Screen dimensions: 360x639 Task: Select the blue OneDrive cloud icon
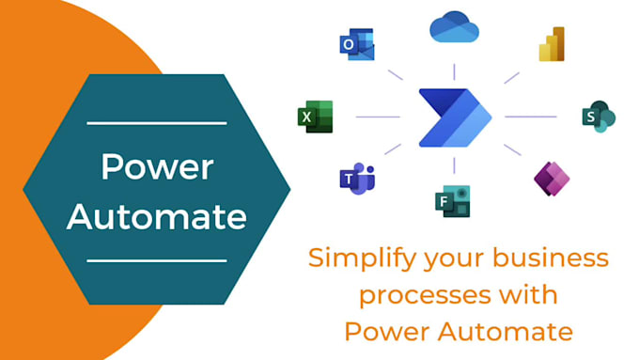454,28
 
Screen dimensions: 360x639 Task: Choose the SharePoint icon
598,117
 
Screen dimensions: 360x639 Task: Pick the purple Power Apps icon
552,177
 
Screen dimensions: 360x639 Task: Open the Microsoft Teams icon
357,178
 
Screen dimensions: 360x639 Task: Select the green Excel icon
315,117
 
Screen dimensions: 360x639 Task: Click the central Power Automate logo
455,117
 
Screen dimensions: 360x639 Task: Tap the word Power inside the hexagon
157,168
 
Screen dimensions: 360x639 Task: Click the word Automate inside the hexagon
157,217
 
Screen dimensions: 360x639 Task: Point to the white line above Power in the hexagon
157,122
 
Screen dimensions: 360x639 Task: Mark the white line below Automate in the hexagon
157,260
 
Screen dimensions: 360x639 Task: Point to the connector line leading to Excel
379,117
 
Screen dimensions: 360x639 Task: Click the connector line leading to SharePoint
530,117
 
